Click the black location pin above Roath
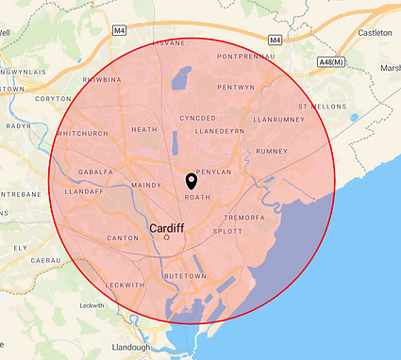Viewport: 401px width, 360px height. (x=192, y=181)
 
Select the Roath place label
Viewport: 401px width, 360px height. (x=197, y=197)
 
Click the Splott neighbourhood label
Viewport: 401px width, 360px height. (x=227, y=231)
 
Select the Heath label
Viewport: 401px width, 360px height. (x=144, y=130)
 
